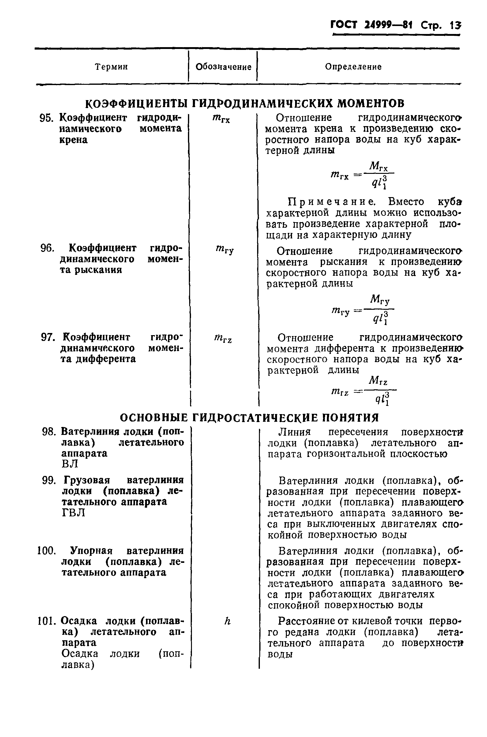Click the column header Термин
[111, 67]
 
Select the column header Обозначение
[223, 67]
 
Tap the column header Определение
[353, 67]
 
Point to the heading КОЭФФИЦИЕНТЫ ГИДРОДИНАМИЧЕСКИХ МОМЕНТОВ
[245, 103]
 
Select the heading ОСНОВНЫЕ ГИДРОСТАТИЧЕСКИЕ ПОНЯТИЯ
[249, 418]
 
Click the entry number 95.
[47, 118]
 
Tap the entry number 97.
[48, 337]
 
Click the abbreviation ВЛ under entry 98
[69, 464]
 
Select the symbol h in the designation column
[227, 621]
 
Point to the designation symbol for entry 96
[224, 249]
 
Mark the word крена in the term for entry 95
[73, 140]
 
